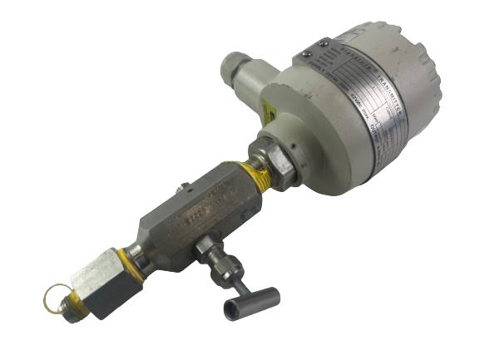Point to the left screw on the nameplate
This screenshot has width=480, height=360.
click(x=307, y=54)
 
